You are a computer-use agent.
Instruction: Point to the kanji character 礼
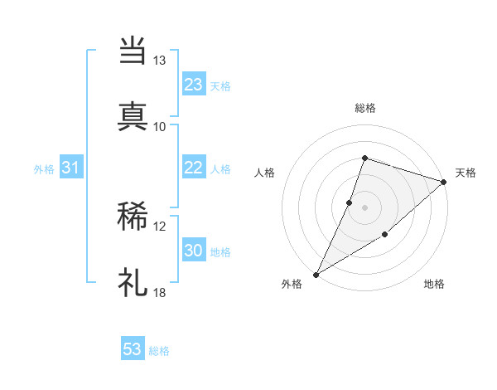tap(133, 283)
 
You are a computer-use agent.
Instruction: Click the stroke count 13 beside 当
tap(159, 61)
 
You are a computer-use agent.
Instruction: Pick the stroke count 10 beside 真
tap(159, 126)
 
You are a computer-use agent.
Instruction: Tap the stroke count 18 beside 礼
tap(159, 292)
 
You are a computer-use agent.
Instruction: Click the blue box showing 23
tap(194, 85)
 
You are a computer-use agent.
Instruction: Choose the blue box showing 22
tap(194, 168)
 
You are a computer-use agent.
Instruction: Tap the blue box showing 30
tap(194, 251)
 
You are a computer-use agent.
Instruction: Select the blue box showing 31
tap(70, 168)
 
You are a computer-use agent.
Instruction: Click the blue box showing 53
tap(133, 349)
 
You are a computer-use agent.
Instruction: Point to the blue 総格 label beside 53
tap(159, 351)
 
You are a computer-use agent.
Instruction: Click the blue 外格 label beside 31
tap(44, 169)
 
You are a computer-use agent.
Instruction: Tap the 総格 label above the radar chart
tap(364, 108)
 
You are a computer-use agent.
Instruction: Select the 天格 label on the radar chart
tap(466, 173)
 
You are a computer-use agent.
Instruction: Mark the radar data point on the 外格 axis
tap(316, 274)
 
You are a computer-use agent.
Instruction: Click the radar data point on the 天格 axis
tap(444, 182)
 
